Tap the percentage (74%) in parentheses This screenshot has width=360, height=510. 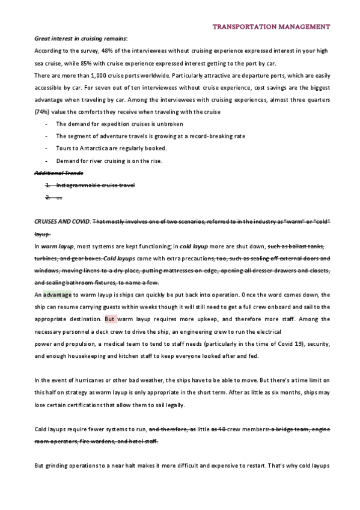click(43, 112)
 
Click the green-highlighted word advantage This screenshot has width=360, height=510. click(57, 295)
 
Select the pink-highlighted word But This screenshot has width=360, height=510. click(110, 319)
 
